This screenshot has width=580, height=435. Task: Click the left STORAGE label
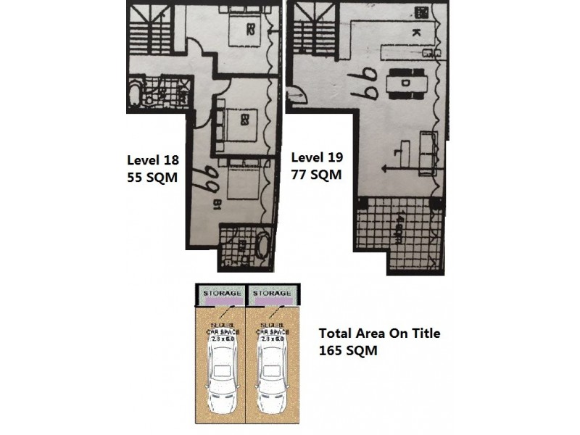coord(221,292)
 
